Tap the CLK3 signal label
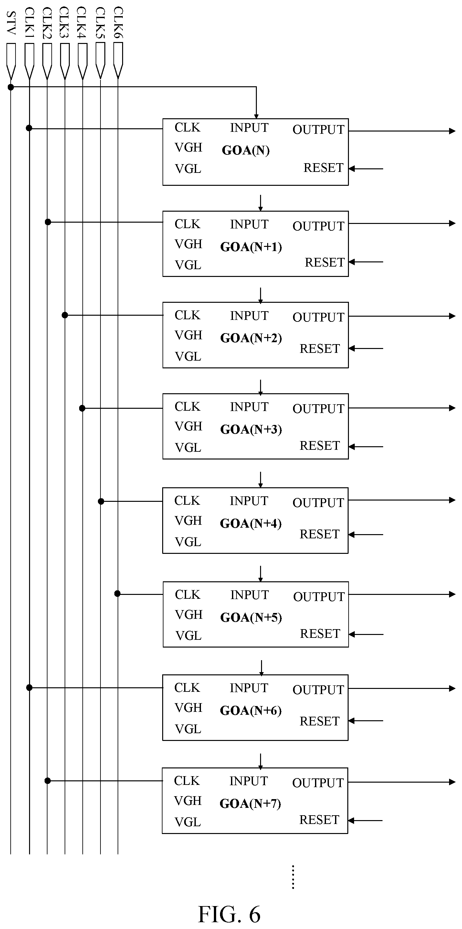click(64, 22)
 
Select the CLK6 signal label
click(118, 22)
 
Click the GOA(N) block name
click(246, 150)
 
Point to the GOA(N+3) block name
click(251, 429)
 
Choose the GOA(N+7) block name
click(250, 804)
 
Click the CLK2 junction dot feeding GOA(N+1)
click(48, 222)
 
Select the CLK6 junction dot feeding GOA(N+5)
click(117, 594)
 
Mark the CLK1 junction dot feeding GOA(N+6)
click(29, 688)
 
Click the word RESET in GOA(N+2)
click(320, 349)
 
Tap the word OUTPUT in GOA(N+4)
click(319, 503)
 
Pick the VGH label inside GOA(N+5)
click(189, 615)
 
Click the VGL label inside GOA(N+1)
click(188, 265)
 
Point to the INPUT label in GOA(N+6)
click(249, 688)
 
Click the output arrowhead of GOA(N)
click(452, 131)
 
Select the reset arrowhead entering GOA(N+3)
click(352, 447)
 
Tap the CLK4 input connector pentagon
click(83, 61)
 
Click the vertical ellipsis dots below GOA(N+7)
click(293, 877)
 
